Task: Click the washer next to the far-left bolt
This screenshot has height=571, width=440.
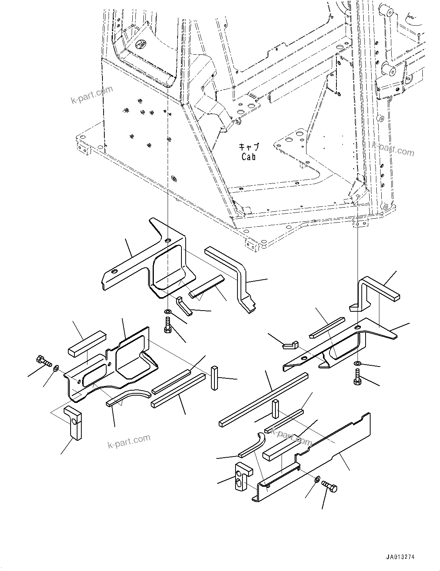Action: (56, 368)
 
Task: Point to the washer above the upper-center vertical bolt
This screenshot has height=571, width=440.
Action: (167, 311)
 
